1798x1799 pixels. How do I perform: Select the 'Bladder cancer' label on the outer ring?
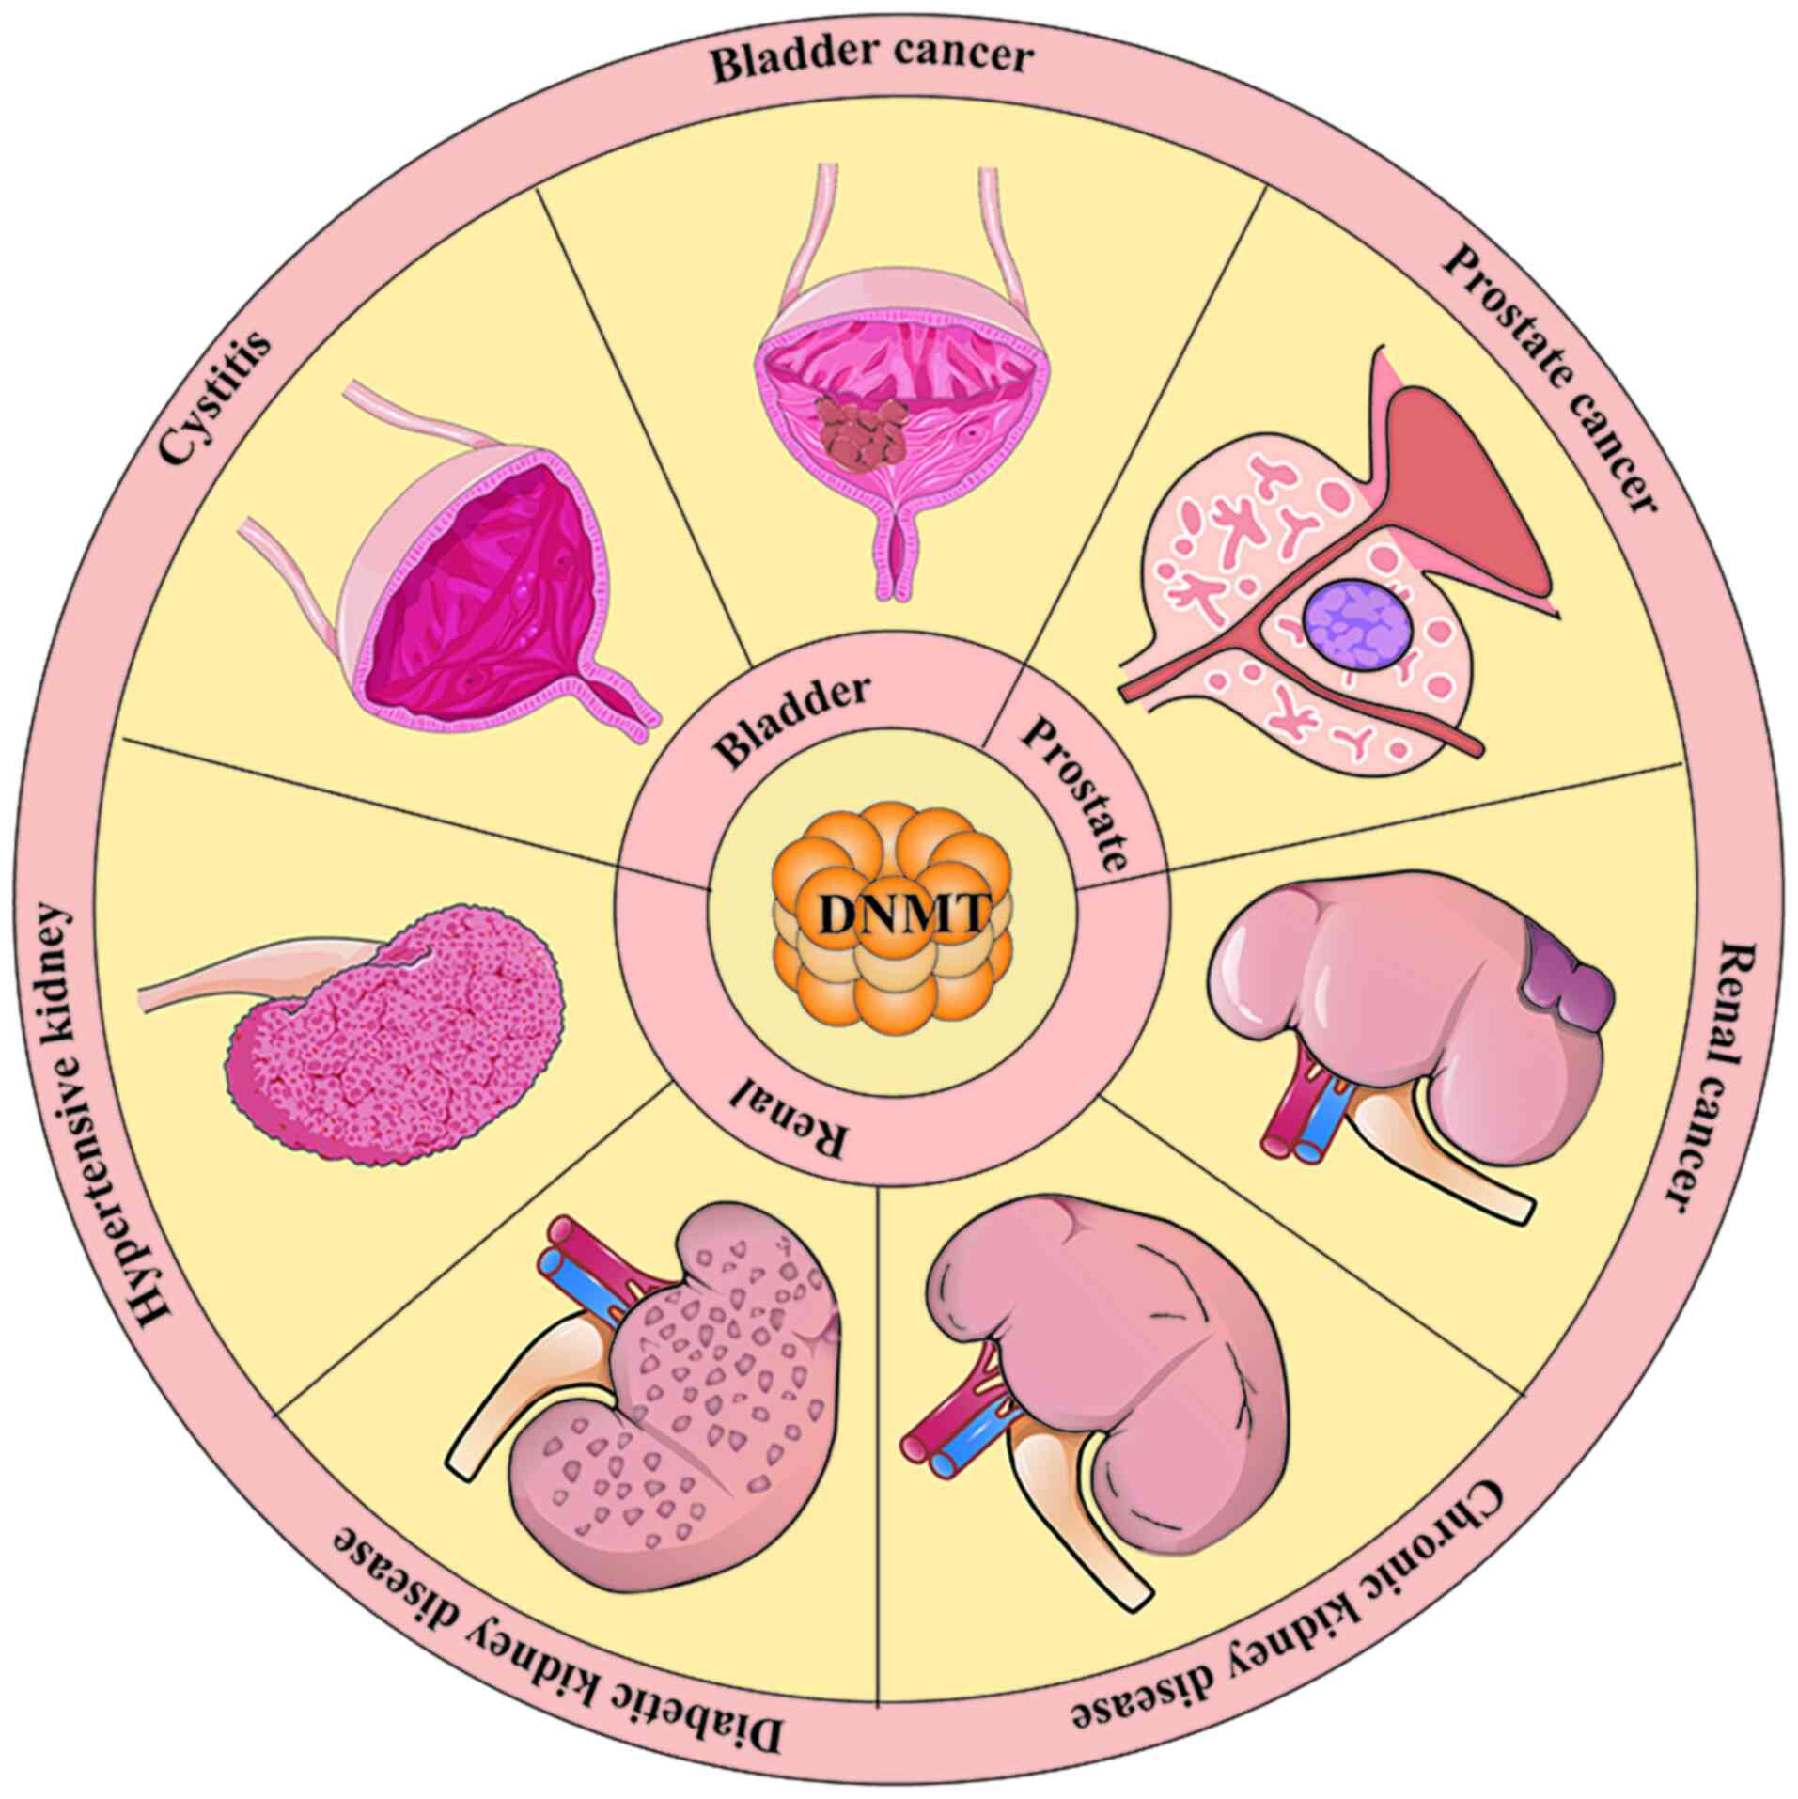coord(870,59)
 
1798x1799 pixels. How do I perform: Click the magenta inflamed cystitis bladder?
coord(479,573)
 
